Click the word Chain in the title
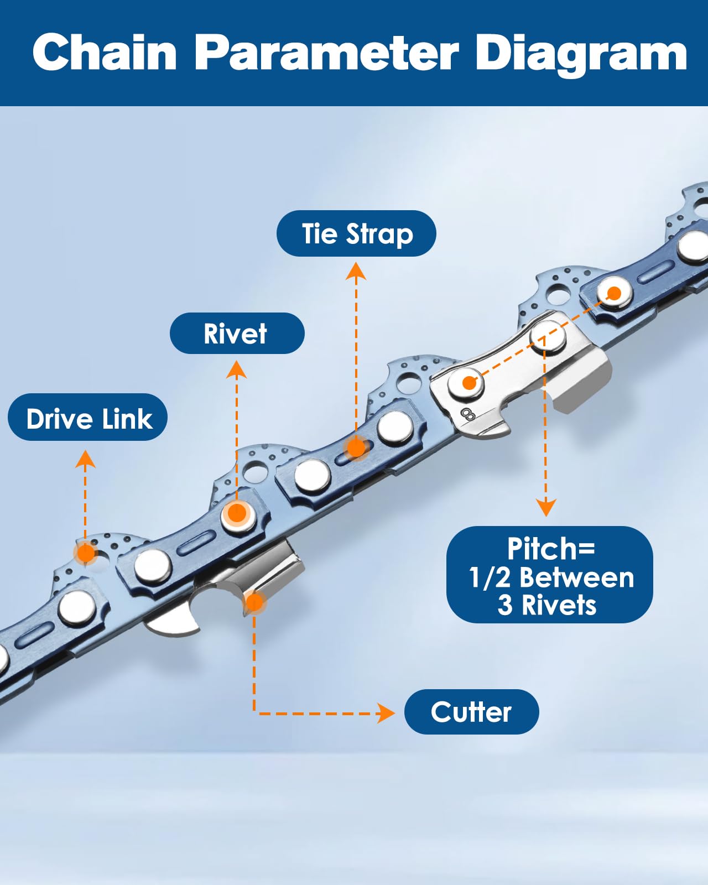(105, 52)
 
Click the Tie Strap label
(356, 233)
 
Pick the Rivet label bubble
(237, 333)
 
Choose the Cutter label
(471, 712)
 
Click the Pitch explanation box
(550, 575)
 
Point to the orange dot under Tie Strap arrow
(356, 448)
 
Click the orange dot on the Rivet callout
(237, 513)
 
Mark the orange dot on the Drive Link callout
(86, 553)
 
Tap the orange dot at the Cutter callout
(254, 603)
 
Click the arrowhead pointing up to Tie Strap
(356, 272)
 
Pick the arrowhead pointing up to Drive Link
(85, 459)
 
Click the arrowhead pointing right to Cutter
(386, 713)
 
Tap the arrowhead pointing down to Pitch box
(546, 507)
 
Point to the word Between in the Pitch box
(577, 578)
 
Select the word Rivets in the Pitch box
(559, 606)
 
